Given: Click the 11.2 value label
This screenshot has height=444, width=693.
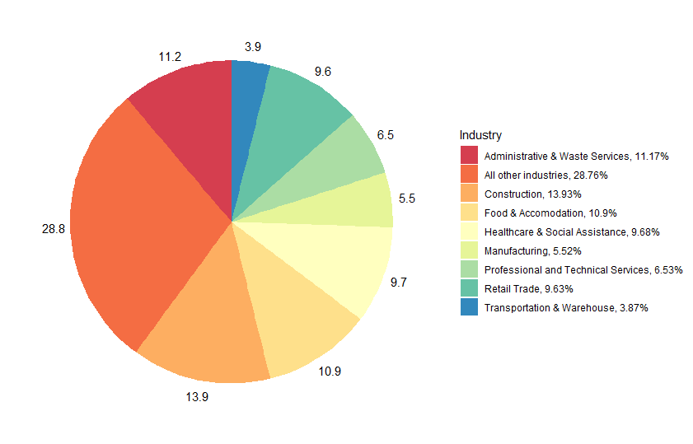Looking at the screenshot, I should (x=170, y=57).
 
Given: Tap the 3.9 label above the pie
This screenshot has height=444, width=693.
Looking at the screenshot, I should (x=253, y=47).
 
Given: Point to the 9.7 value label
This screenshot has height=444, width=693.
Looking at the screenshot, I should (x=399, y=282).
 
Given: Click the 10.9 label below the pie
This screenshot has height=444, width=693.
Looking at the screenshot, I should (x=330, y=371).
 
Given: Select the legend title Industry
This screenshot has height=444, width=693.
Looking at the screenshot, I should (x=480, y=135).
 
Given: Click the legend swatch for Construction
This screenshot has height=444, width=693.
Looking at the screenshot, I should (x=469, y=194).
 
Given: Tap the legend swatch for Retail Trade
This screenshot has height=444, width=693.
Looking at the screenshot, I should (x=469, y=288).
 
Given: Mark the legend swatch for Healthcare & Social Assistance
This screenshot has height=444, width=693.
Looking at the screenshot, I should (x=469, y=231).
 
